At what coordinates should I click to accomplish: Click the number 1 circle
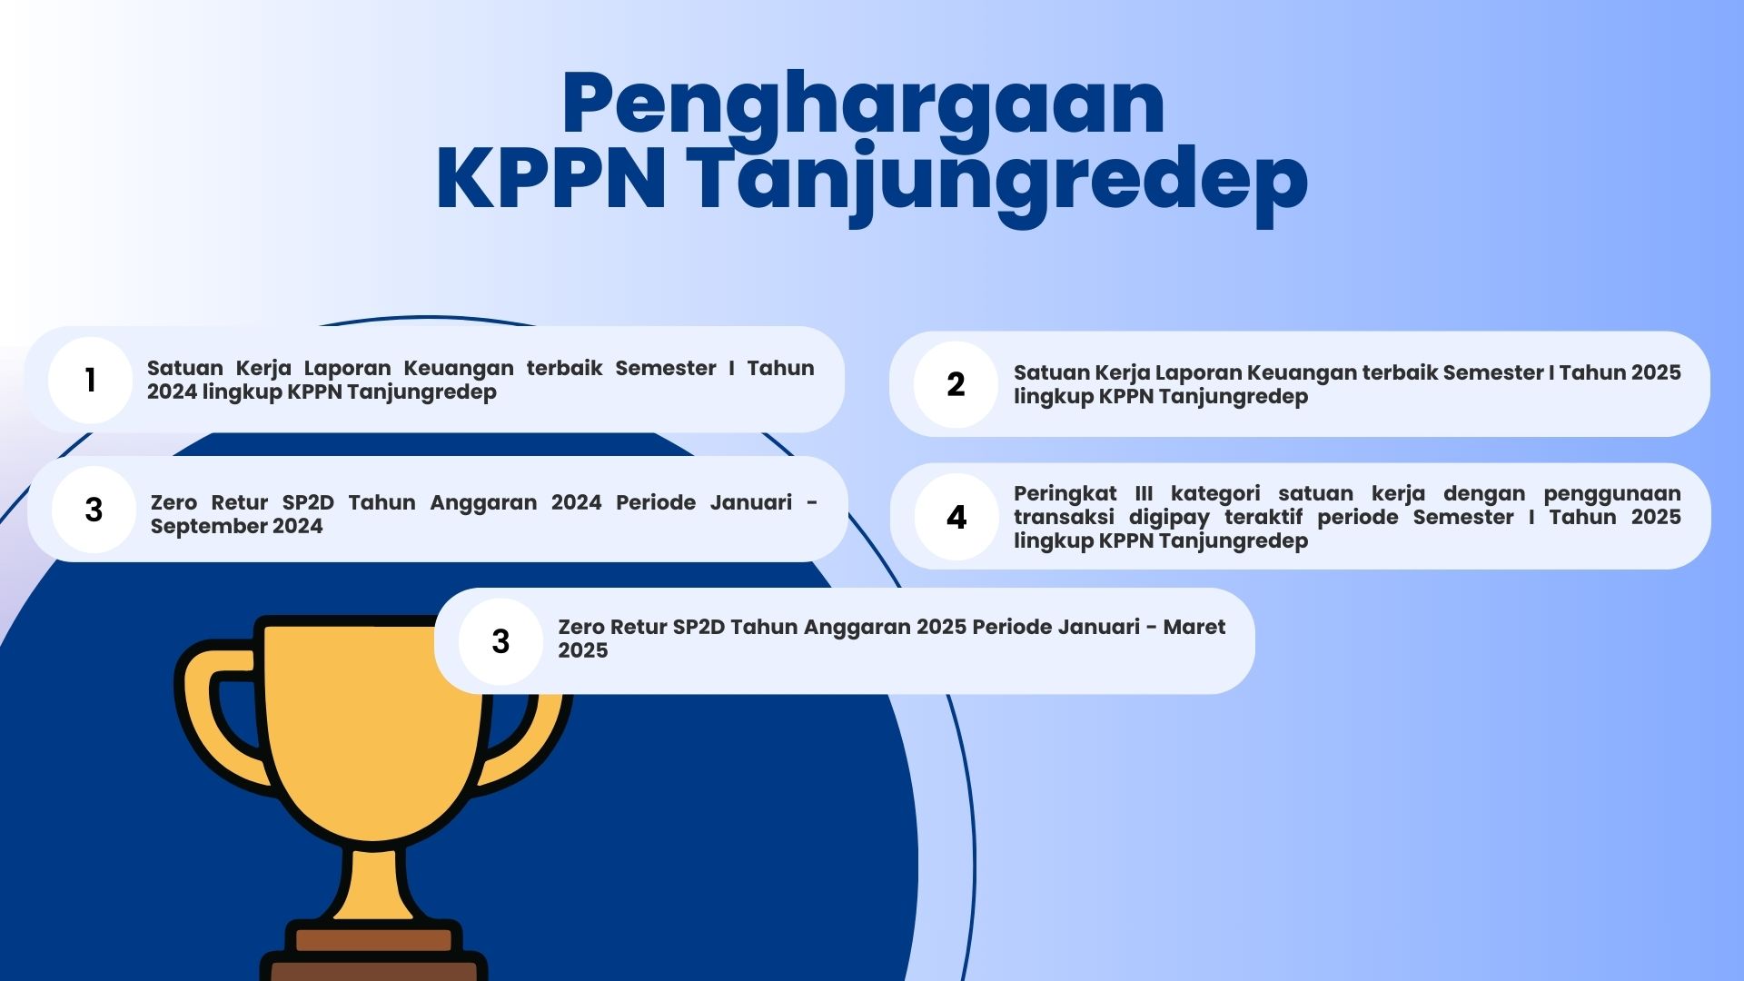pyautogui.click(x=90, y=380)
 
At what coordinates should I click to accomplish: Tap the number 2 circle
pyautogui.click(x=956, y=384)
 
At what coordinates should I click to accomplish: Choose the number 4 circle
pyautogui.click(x=956, y=517)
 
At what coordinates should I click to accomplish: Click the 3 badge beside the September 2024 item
pyautogui.click(x=94, y=510)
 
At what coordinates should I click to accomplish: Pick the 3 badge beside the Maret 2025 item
pyautogui.click(x=500, y=641)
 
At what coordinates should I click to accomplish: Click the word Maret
pyautogui.click(x=1194, y=627)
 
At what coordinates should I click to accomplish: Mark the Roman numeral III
pyautogui.click(x=1144, y=493)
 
